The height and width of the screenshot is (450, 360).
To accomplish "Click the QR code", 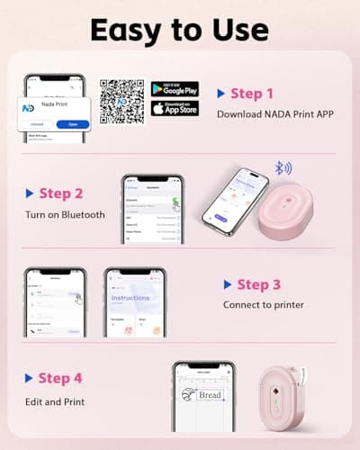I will pos(121,100).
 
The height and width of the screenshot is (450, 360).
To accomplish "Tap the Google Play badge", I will pos(175,89).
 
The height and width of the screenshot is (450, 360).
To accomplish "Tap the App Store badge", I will pos(175,109).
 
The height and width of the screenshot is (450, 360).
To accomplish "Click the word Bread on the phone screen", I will pos(210,395).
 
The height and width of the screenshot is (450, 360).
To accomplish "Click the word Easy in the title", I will pos(133,30).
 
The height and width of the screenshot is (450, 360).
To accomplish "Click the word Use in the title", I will pos(241,30).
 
